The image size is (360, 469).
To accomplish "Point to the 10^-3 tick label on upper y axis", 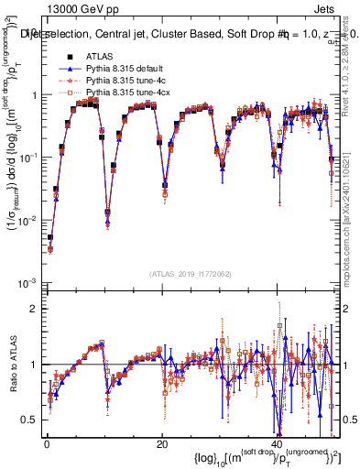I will pyautogui.click(x=27, y=282).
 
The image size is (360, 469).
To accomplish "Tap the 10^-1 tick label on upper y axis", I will pyautogui.click(x=27, y=158).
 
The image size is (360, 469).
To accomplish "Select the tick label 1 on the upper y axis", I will pyautogui.click(x=34, y=95).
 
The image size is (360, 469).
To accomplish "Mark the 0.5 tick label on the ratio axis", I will pyautogui.click(x=29, y=420).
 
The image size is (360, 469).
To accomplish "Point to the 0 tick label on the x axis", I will pyautogui.click(x=46, y=444).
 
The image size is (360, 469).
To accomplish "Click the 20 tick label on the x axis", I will pyautogui.click(x=161, y=444).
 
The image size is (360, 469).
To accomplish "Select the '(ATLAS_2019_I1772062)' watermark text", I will pyautogui.click(x=191, y=274).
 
